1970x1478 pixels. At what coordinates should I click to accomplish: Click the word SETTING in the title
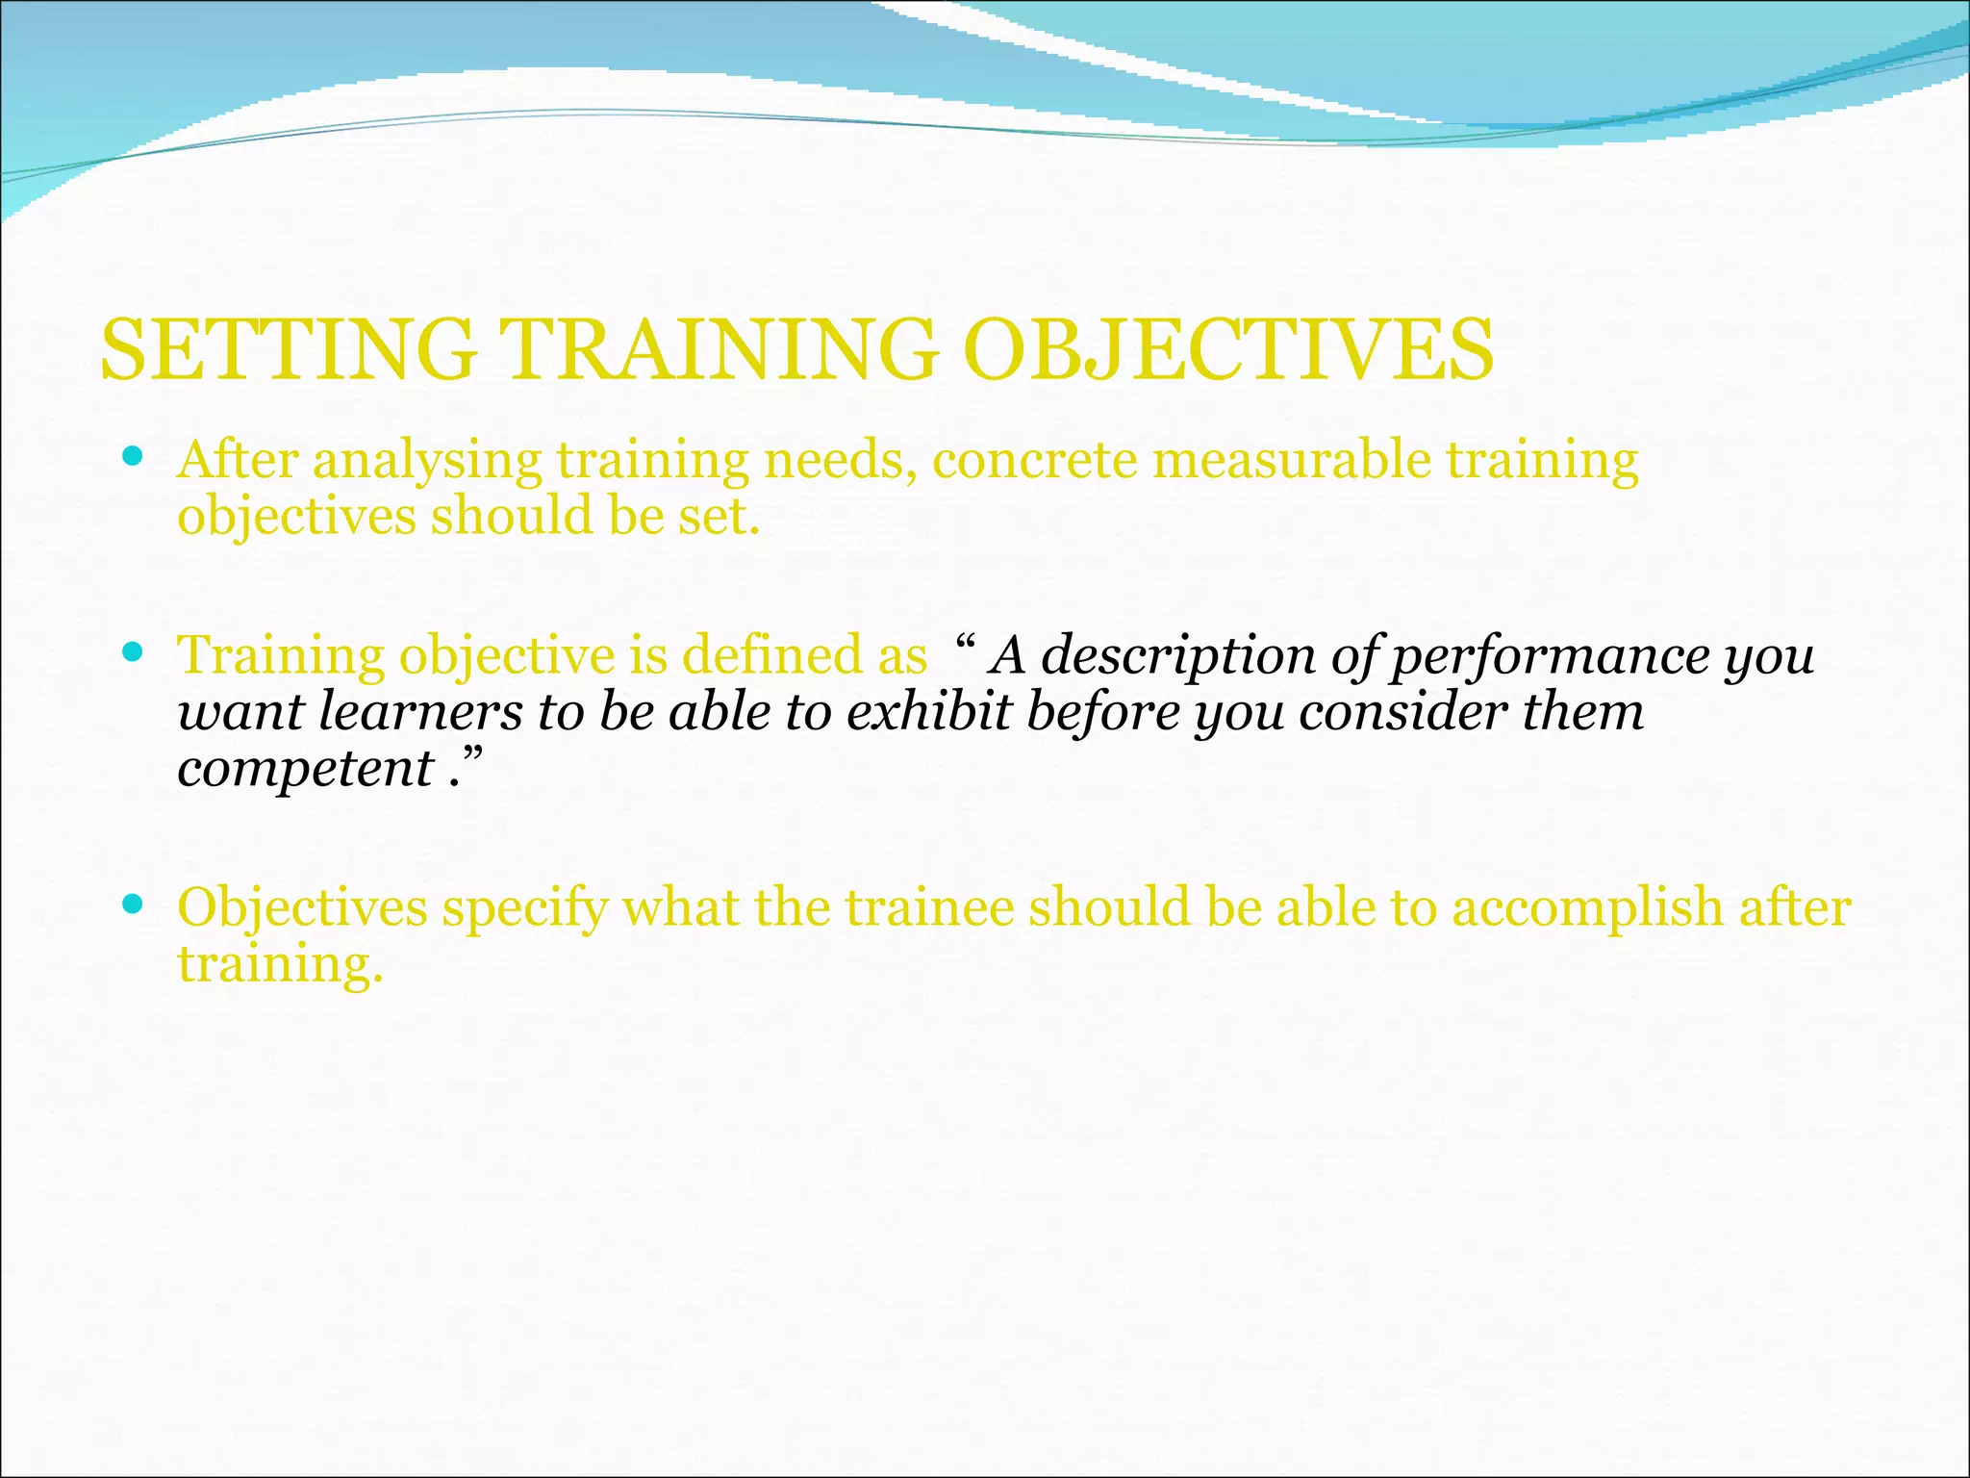(289, 349)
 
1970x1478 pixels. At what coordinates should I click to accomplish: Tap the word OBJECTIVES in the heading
(1228, 349)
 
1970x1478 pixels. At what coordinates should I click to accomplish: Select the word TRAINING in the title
(718, 349)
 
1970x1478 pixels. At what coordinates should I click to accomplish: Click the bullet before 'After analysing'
(134, 455)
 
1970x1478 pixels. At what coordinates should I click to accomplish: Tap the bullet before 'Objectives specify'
(134, 905)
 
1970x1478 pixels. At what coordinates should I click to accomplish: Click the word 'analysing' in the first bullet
(427, 461)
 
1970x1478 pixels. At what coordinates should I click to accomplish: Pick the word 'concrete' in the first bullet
(1035, 461)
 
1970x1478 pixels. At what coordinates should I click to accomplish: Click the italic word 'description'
(1178, 657)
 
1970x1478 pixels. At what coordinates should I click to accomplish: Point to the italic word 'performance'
(1550, 657)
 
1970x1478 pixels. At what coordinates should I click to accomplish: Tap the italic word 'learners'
(420, 712)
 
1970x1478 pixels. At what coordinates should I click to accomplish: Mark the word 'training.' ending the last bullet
(280, 965)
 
